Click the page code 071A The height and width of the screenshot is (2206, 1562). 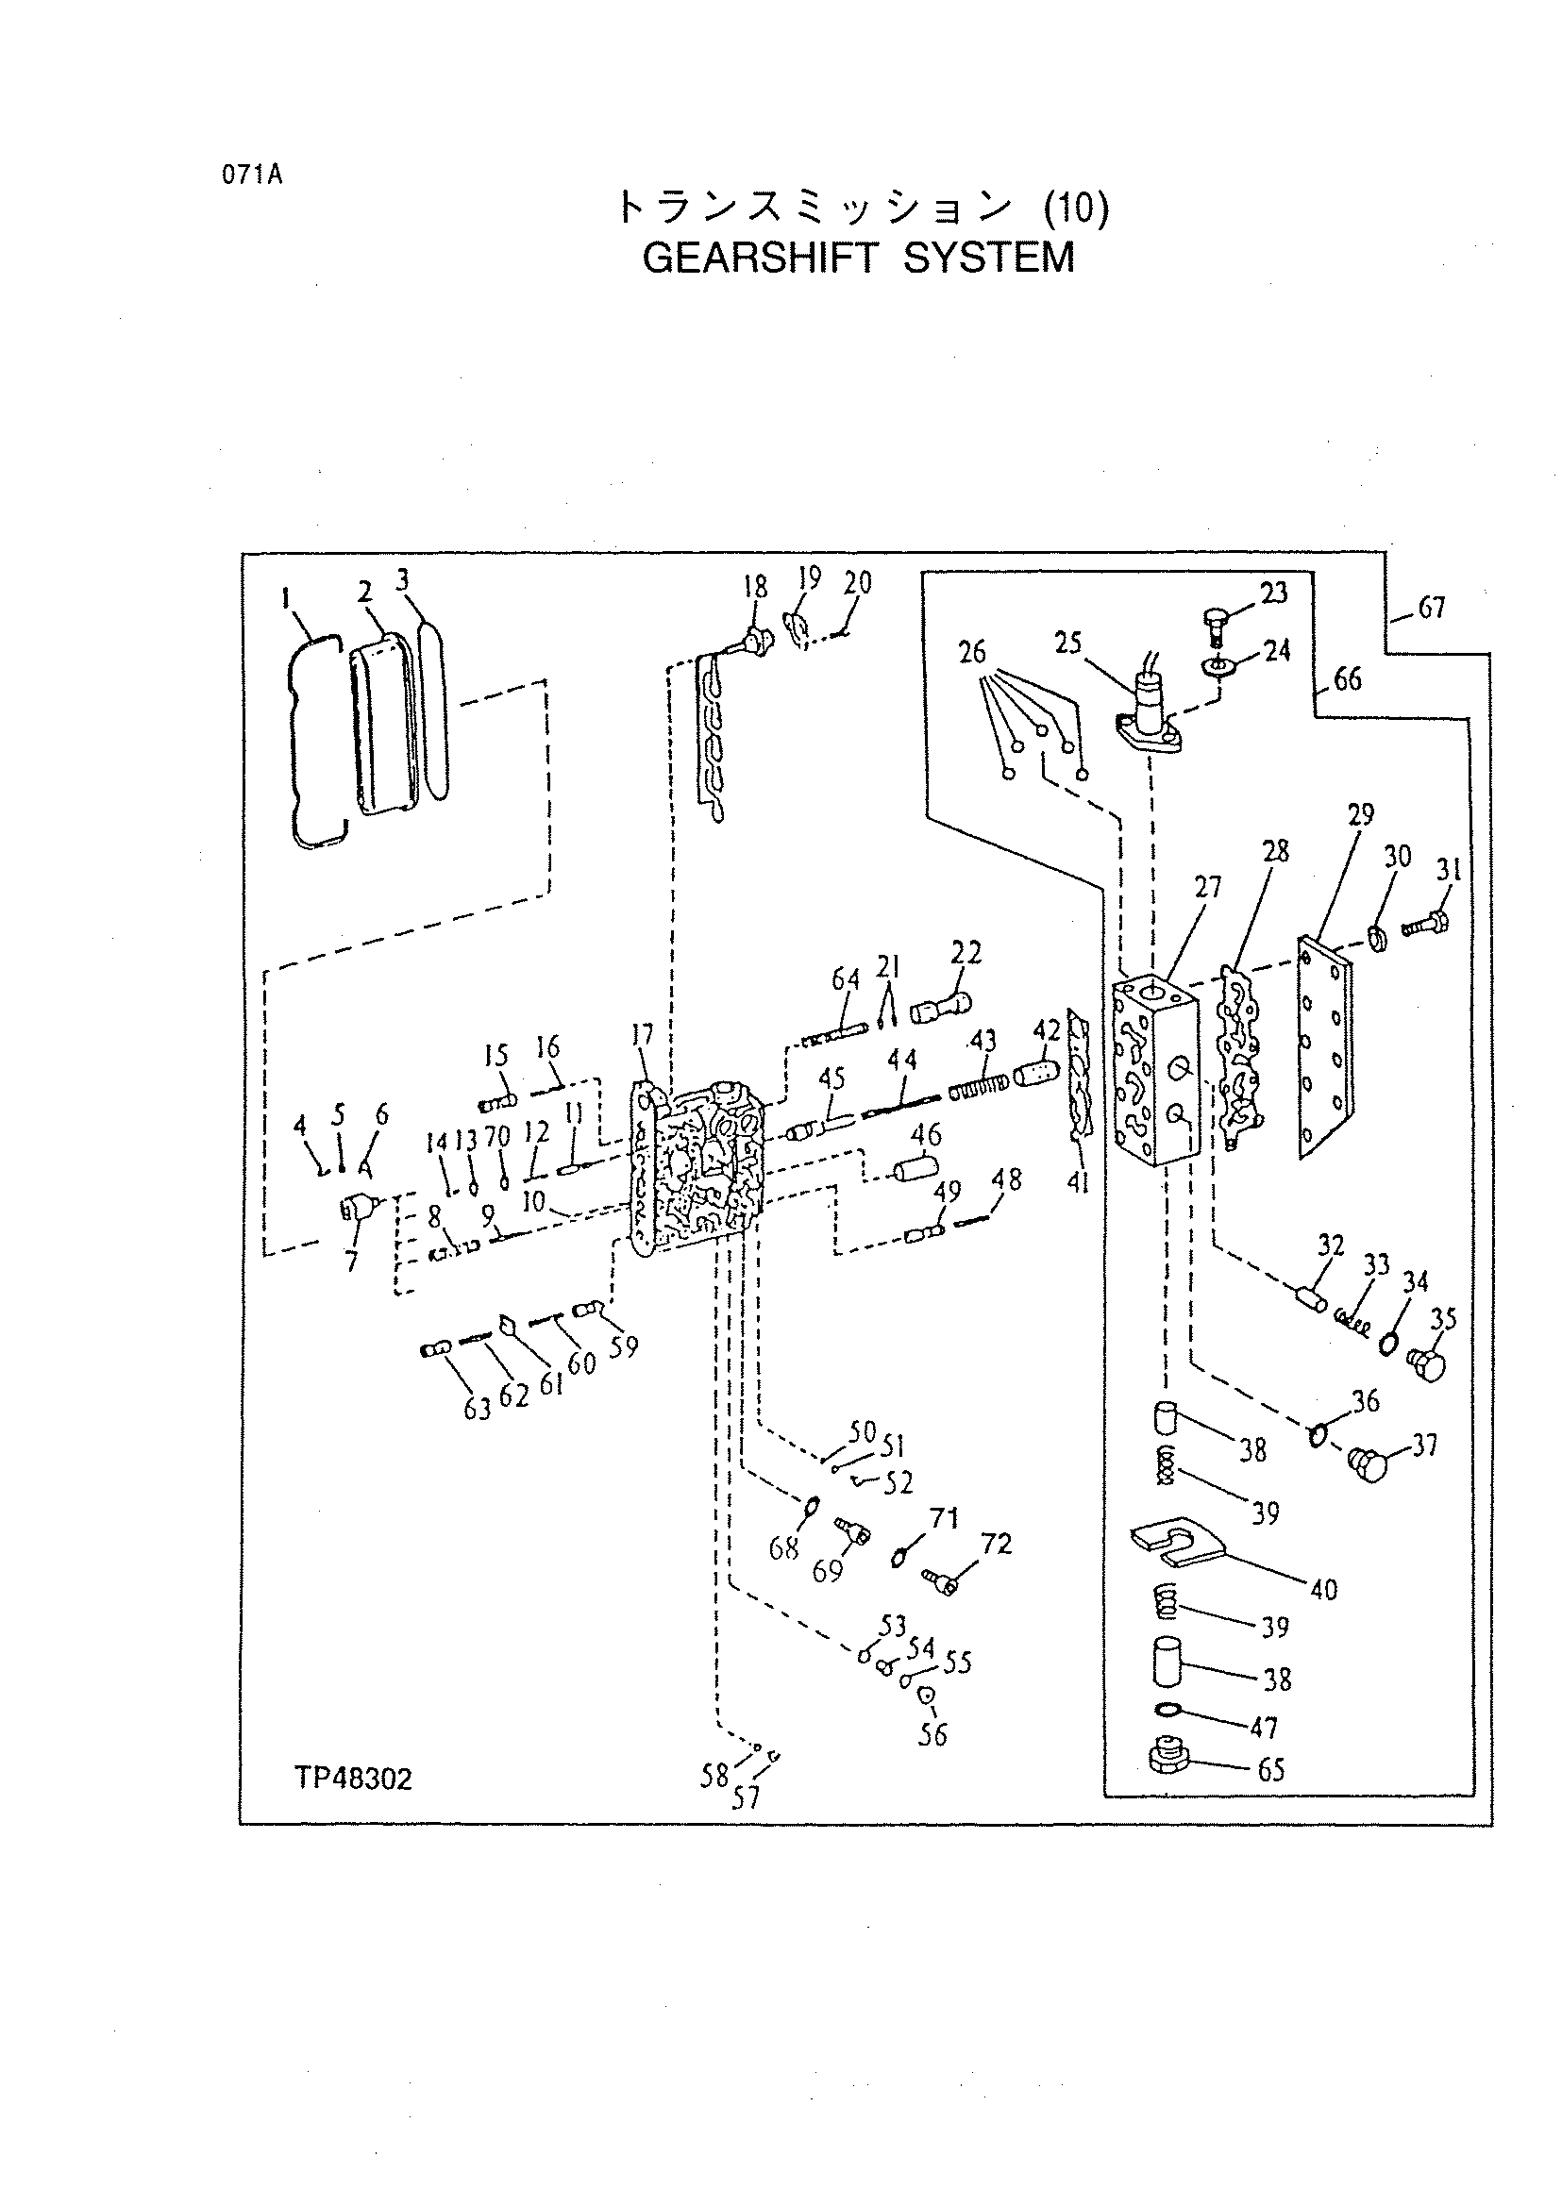(x=251, y=176)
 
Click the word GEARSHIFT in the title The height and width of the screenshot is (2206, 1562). (x=761, y=258)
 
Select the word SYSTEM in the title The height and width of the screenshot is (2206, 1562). (x=990, y=258)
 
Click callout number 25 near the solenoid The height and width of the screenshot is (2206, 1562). (x=1068, y=643)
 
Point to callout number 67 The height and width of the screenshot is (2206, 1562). (x=1432, y=608)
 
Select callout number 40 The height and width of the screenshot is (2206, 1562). (x=1324, y=1590)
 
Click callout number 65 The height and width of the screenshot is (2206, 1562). (x=1271, y=1770)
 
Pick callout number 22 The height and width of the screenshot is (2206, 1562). (x=966, y=953)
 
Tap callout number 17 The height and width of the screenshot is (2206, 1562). (x=642, y=1035)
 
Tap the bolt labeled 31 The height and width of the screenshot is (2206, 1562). (x=1426, y=924)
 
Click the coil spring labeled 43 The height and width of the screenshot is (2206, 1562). (x=978, y=1089)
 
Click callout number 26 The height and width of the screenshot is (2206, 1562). (x=972, y=653)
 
